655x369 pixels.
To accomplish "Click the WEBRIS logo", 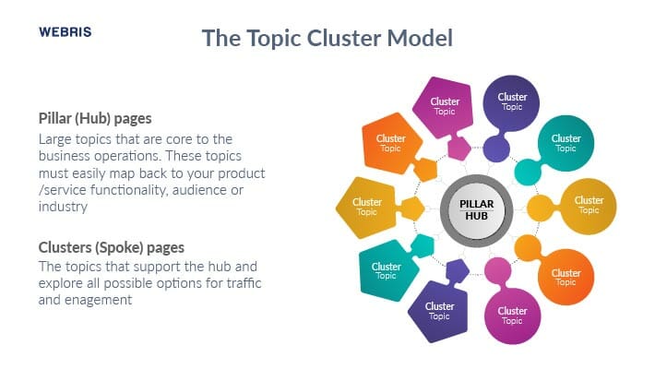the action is pyautogui.click(x=65, y=32).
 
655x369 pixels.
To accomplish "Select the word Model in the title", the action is pyautogui.click(x=420, y=38).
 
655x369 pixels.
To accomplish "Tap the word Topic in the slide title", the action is pyautogui.click(x=274, y=39).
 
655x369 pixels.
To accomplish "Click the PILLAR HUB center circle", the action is pyautogui.click(x=477, y=210).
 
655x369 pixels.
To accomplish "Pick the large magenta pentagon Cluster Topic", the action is pyautogui.click(x=444, y=107).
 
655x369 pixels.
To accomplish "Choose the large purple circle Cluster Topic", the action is pyautogui.click(x=511, y=102).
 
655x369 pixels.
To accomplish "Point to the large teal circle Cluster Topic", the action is pyautogui.click(x=566, y=143).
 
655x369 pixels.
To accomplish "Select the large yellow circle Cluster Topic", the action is pyautogui.click(x=589, y=207).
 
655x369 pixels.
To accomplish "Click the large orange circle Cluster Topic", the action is pyautogui.click(x=566, y=277).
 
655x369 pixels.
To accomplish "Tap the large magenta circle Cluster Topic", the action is pyautogui.click(x=513, y=315).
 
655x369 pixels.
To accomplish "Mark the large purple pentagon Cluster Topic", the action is pyautogui.click(x=438, y=312).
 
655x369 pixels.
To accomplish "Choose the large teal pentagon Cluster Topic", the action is pyautogui.click(x=387, y=271).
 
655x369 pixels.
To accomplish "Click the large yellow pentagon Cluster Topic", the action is pyautogui.click(x=366, y=208).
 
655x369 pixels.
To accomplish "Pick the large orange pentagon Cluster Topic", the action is pyautogui.click(x=391, y=143).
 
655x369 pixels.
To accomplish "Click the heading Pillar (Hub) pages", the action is pyautogui.click(x=95, y=119).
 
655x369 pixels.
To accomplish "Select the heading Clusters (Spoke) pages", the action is pyautogui.click(x=111, y=248).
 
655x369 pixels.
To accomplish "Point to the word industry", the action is pyautogui.click(x=63, y=207).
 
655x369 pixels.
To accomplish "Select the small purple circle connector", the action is pyautogui.click(x=496, y=149).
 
